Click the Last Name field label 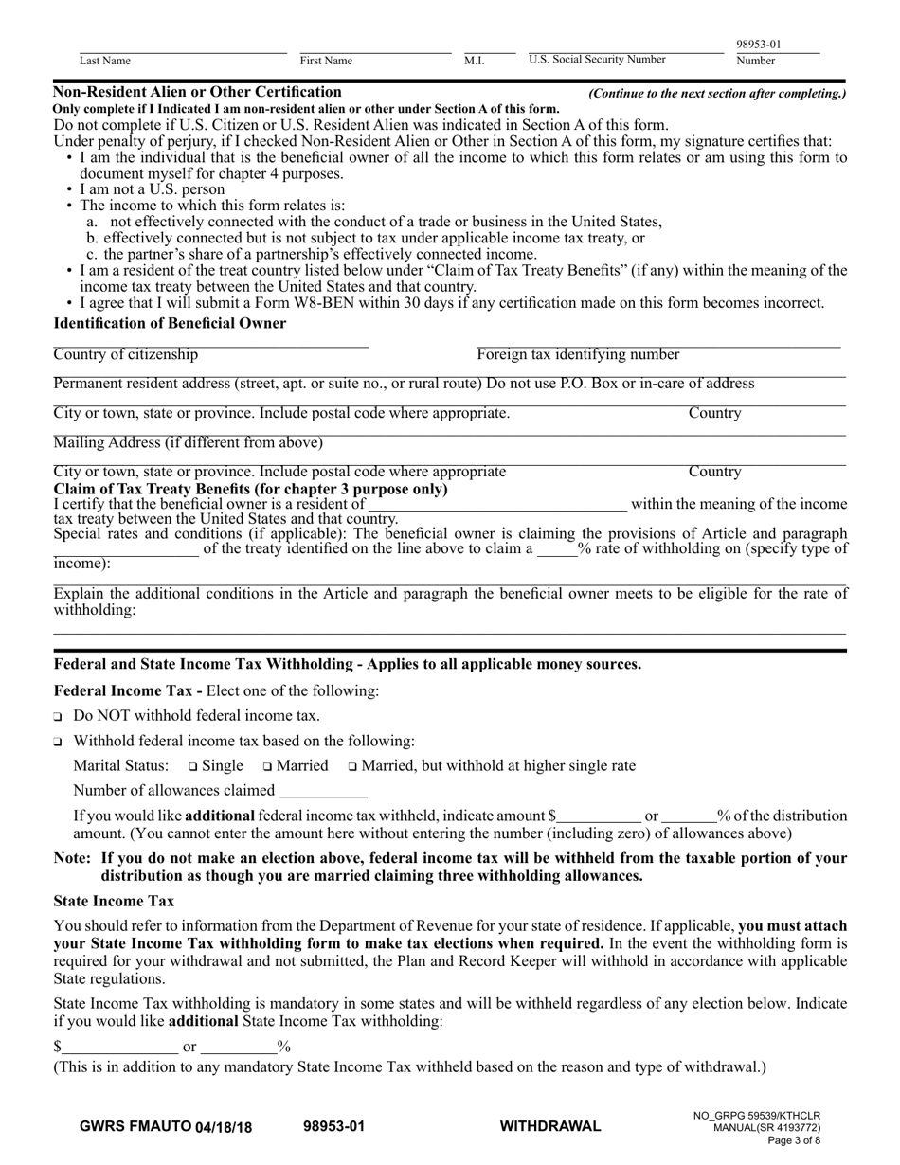104,61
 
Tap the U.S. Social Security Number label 597,60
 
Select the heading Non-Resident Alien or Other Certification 197,92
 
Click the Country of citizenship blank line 210,343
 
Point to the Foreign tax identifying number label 578,354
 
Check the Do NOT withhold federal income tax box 59,717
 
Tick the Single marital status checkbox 192,766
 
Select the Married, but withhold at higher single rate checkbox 352,766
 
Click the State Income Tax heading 114,901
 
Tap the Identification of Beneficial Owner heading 170,323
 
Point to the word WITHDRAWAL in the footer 549,1126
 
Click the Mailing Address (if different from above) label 188,442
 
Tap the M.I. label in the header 474,61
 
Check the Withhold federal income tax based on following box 59,742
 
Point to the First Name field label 326,61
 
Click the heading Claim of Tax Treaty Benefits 250,489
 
